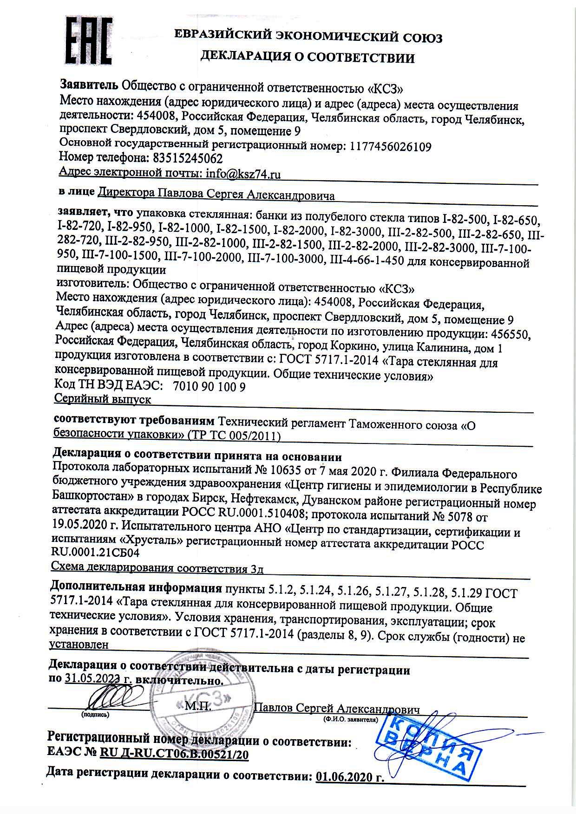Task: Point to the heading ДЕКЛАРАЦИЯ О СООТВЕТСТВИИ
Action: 307,58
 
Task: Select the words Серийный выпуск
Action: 103,399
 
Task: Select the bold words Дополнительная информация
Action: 136,588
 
